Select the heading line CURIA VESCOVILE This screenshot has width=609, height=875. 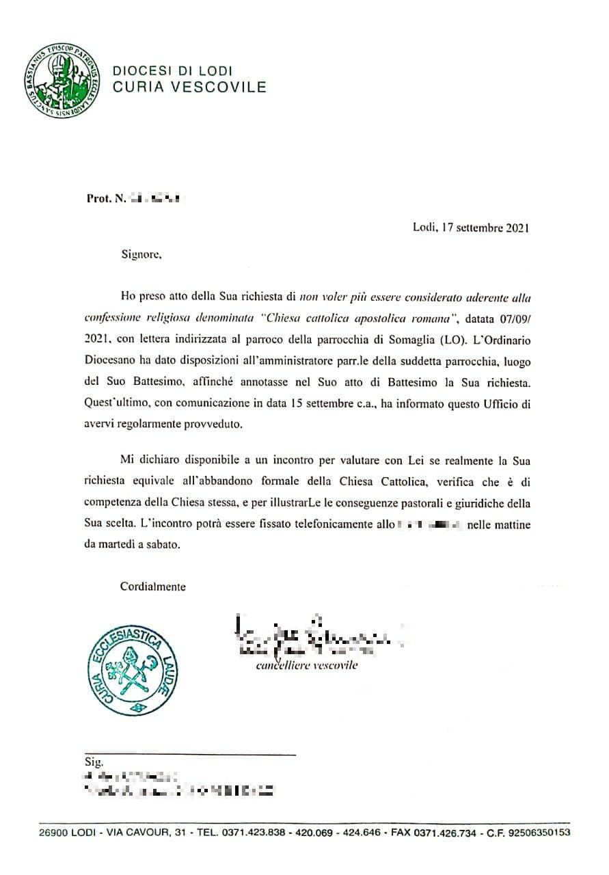(x=189, y=87)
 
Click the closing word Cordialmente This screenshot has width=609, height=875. (x=152, y=586)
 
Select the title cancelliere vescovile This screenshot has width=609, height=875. (x=306, y=666)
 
